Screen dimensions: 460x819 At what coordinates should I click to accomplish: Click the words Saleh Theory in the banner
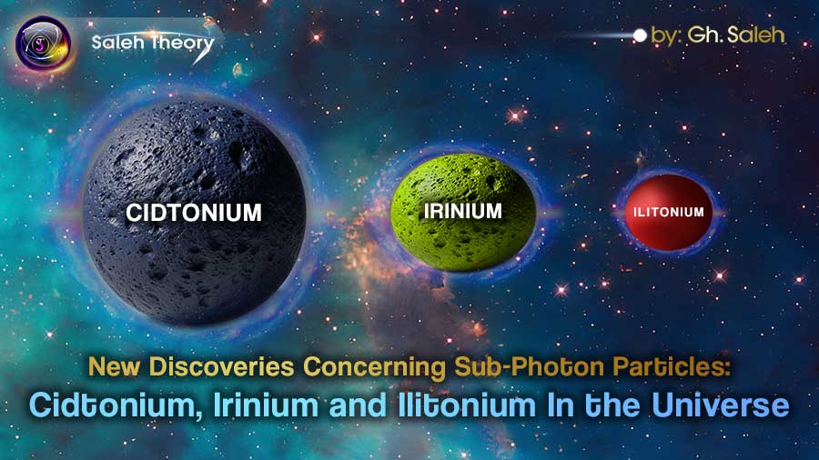(153, 43)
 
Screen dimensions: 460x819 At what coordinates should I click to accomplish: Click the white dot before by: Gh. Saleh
(640, 36)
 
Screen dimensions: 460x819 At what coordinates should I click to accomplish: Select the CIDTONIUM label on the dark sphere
(194, 213)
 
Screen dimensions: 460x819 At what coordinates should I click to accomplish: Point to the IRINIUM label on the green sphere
(462, 211)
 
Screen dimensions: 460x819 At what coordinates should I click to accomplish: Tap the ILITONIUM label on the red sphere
(669, 212)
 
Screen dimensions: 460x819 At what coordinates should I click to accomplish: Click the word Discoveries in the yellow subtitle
(234, 368)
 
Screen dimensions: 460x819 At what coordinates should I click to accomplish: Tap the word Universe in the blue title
(723, 404)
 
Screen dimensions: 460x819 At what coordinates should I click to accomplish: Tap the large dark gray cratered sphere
(194, 255)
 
